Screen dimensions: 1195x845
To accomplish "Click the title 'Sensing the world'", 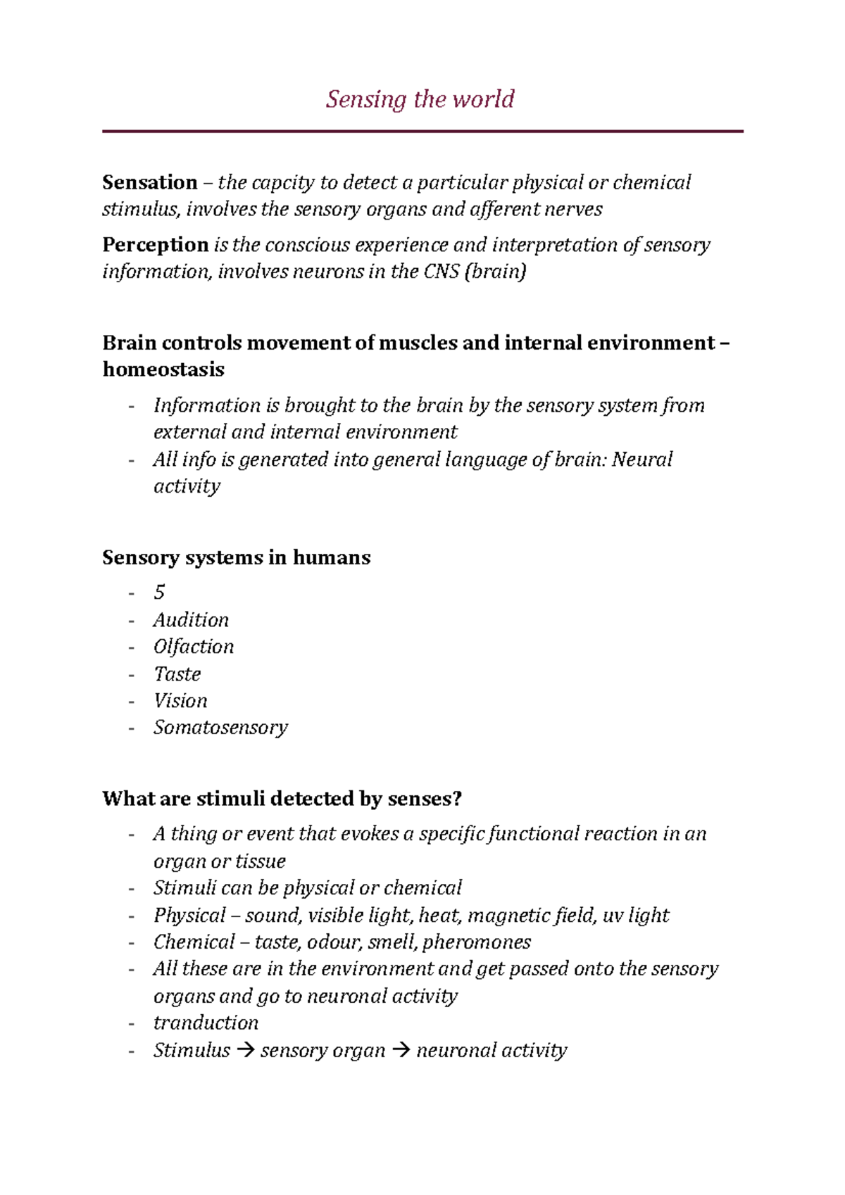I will [x=420, y=99].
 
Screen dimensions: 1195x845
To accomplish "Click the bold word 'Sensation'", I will [x=149, y=183].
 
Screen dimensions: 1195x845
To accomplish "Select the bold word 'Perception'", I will [x=155, y=245].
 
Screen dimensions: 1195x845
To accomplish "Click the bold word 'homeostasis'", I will [x=163, y=369].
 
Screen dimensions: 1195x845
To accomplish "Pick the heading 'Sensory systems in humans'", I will [x=236, y=557].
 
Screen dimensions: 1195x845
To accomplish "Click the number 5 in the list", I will [x=159, y=593].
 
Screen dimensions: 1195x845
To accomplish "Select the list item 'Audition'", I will [x=191, y=620].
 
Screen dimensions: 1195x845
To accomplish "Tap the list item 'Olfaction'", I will [x=194, y=647].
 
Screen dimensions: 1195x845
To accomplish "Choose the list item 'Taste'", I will [x=177, y=674].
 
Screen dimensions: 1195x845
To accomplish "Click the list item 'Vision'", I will [x=180, y=701].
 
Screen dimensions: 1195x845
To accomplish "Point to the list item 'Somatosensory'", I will [x=220, y=728].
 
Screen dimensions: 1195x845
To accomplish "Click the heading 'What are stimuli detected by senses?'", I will [x=282, y=799].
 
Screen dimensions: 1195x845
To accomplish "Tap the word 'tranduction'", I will [x=206, y=1023].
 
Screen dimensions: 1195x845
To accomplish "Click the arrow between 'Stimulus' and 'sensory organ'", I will [x=245, y=1051].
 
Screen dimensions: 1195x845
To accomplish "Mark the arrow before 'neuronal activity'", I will [x=401, y=1051].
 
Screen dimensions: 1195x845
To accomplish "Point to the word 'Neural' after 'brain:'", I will [x=641, y=460].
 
